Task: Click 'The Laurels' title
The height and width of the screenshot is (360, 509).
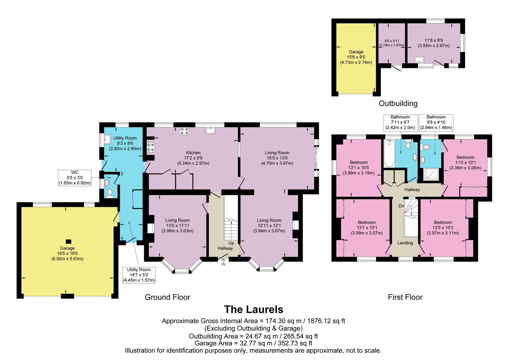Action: pyautogui.click(x=253, y=309)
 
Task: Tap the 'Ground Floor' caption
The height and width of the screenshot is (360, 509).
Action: pyautogui.click(x=167, y=297)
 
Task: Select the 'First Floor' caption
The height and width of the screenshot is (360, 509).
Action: pyautogui.click(x=405, y=297)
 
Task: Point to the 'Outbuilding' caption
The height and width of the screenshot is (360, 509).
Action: pyautogui.click(x=398, y=103)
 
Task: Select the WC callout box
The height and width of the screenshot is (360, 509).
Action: pyautogui.click(x=74, y=178)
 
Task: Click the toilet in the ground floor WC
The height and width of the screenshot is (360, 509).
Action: pyautogui.click(x=109, y=193)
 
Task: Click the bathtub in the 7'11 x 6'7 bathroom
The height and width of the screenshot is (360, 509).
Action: pyautogui.click(x=389, y=154)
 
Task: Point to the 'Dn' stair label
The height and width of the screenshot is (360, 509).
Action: pyautogui.click(x=401, y=206)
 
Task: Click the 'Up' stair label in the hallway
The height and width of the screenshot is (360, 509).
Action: pyautogui.click(x=231, y=243)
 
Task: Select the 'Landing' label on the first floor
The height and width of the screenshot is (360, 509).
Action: pyautogui.click(x=405, y=243)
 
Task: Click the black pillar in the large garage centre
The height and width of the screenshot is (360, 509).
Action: pyautogui.click(x=68, y=241)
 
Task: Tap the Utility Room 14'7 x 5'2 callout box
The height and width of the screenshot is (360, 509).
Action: pyautogui.click(x=139, y=275)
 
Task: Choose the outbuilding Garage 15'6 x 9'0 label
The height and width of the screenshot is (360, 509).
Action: pyautogui.click(x=356, y=57)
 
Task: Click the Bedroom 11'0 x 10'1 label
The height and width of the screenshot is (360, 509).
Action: pyautogui.click(x=465, y=162)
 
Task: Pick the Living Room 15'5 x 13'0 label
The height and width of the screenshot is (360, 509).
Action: pyautogui.click(x=277, y=158)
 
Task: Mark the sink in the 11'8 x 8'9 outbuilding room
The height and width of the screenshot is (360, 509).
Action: pyautogui.click(x=419, y=60)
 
